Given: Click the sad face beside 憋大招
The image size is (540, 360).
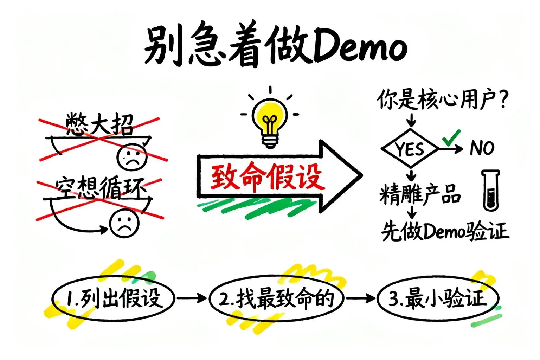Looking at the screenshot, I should (131, 156).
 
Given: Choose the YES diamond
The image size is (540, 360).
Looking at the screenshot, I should (410, 148).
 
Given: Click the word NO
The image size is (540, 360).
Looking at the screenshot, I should (482, 148).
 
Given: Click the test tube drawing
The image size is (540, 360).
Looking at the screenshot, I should (491, 190).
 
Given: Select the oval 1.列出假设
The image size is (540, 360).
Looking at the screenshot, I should (113, 298).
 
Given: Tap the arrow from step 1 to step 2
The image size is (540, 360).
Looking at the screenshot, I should (192, 298).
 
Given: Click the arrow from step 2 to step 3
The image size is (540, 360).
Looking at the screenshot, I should (360, 298).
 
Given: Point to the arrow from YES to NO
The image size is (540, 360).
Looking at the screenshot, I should (451, 149).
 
